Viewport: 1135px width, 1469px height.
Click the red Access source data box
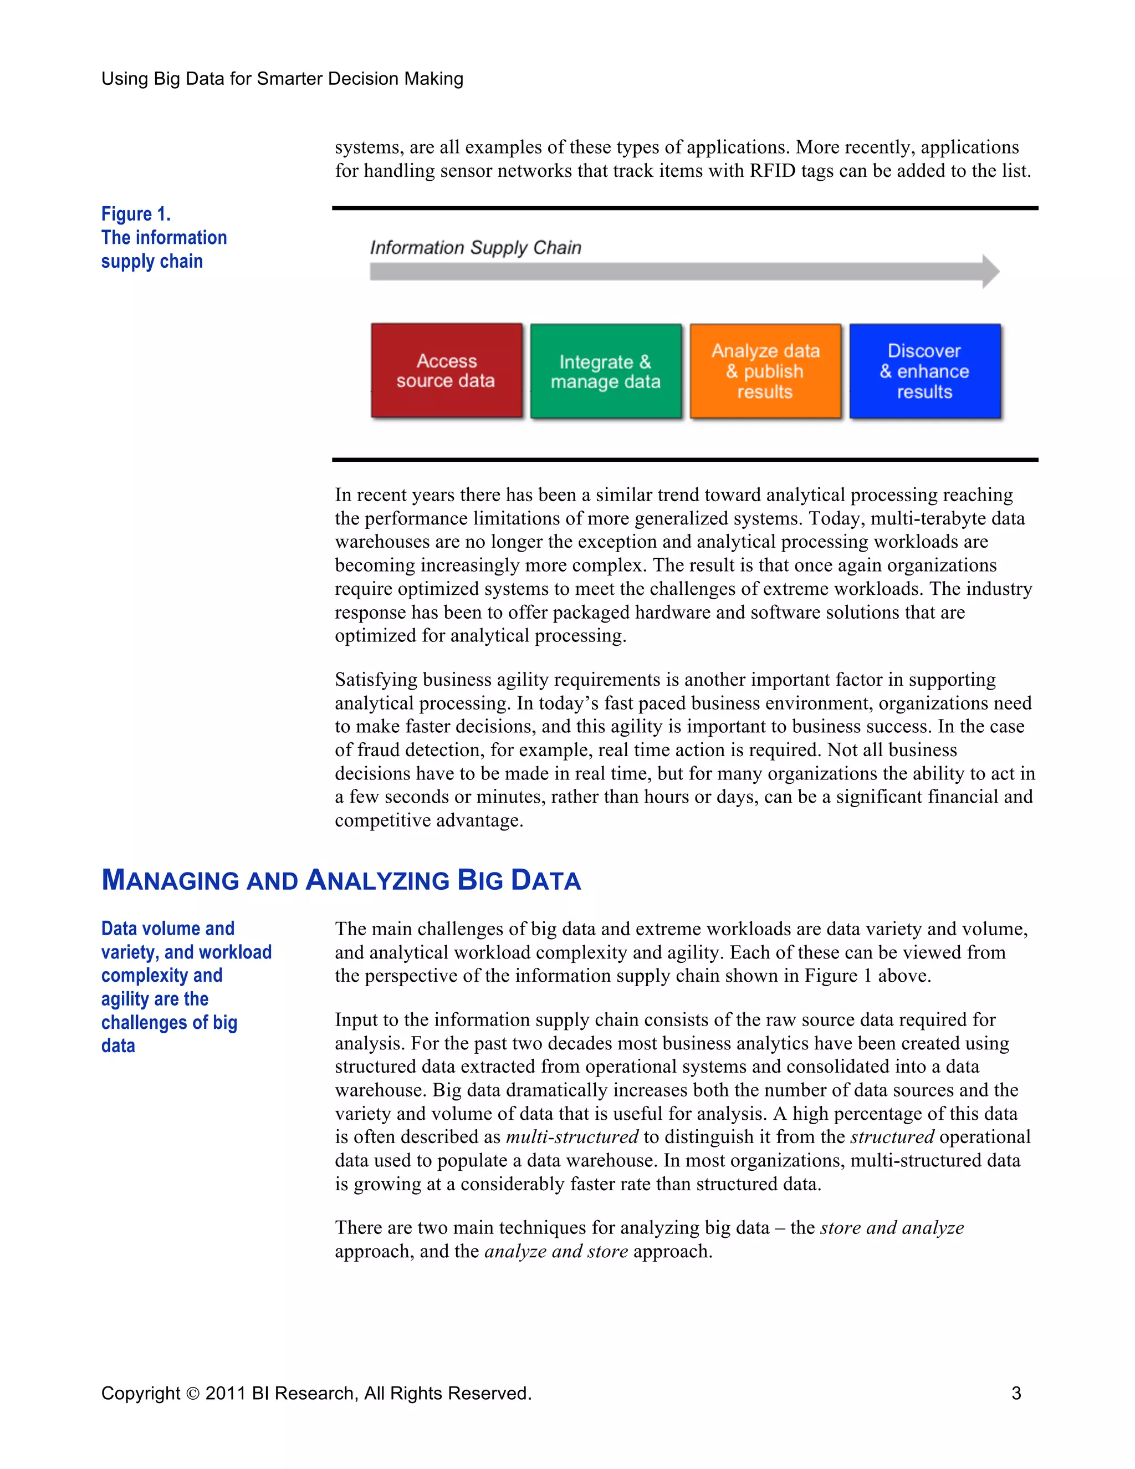click(447, 371)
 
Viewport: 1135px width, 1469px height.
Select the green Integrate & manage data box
click(605, 371)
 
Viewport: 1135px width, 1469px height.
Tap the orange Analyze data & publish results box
click(765, 371)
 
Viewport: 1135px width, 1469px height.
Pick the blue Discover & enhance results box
click(924, 371)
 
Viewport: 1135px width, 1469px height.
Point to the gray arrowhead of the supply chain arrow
click(990, 272)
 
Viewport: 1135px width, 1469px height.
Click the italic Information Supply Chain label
click(476, 248)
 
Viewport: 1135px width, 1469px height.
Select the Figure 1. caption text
click(136, 214)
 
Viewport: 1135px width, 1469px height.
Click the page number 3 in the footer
click(1016, 1393)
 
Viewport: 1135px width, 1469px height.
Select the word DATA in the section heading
click(545, 880)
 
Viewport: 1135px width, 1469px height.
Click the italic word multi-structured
click(571, 1137)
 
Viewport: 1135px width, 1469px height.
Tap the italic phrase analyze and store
click(555, 1251)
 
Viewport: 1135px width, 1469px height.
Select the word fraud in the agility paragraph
click(374, 750)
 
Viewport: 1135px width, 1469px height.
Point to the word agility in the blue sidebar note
click(125, 999)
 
